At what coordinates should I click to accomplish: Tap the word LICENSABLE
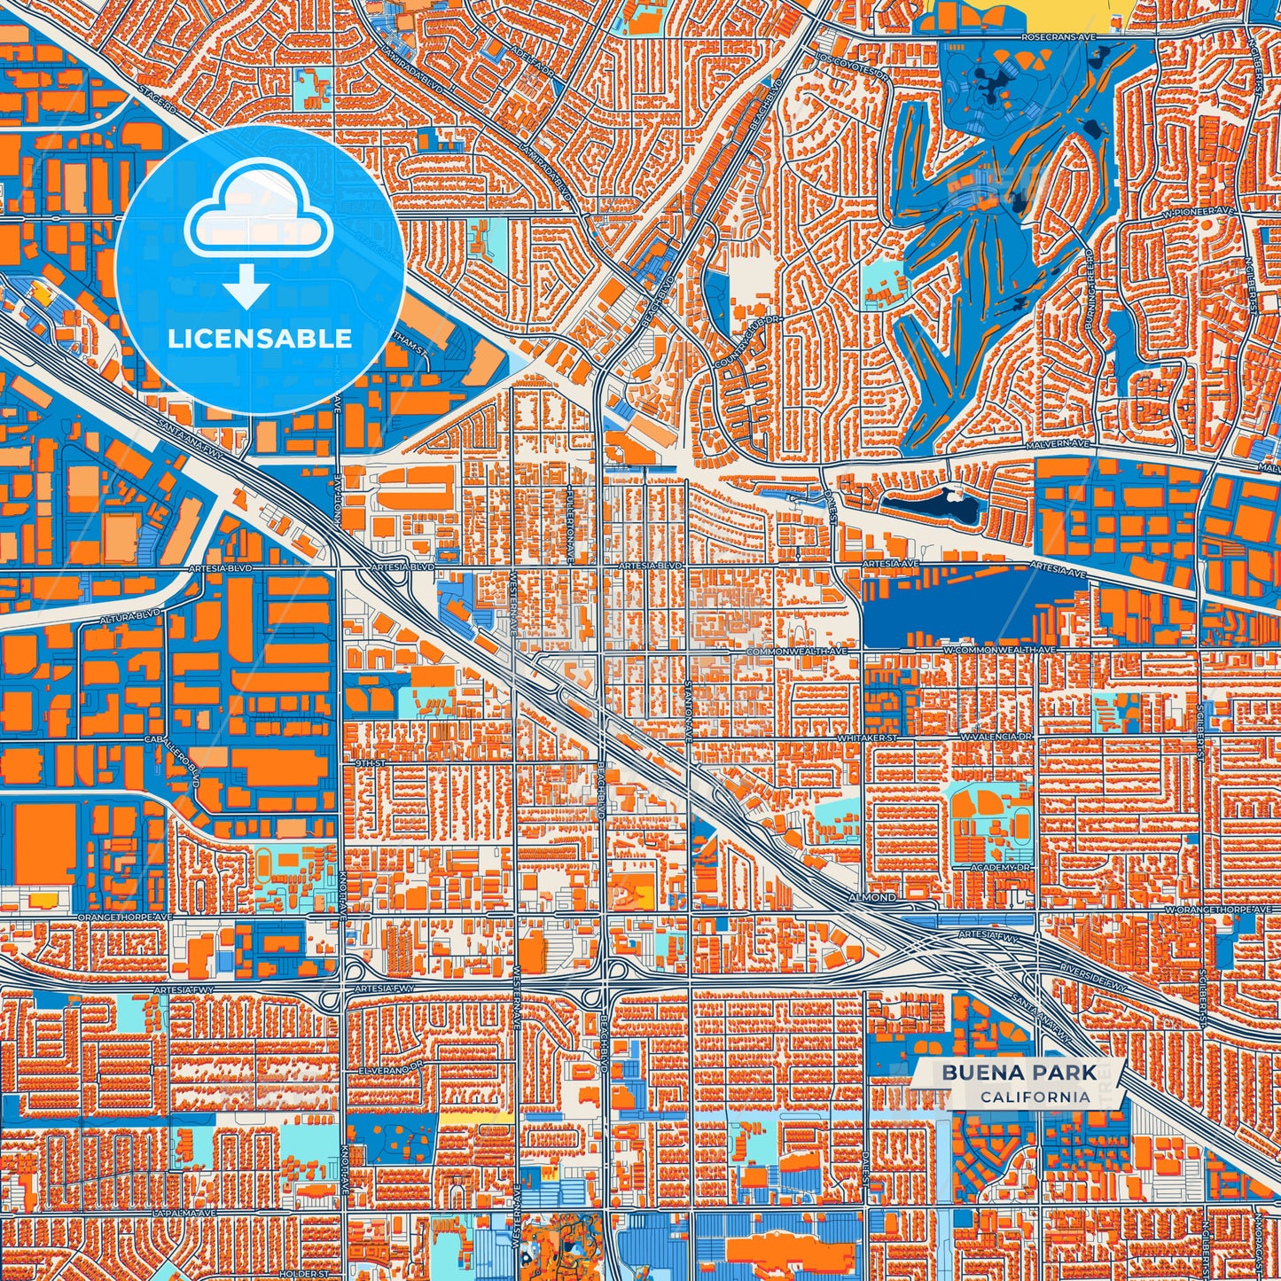tap(260, 339)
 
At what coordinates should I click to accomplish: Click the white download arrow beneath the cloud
tap(246, 289)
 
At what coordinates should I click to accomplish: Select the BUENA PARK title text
tap(1019, 1073)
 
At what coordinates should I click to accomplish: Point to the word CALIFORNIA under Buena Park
tap(1035, 1097)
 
